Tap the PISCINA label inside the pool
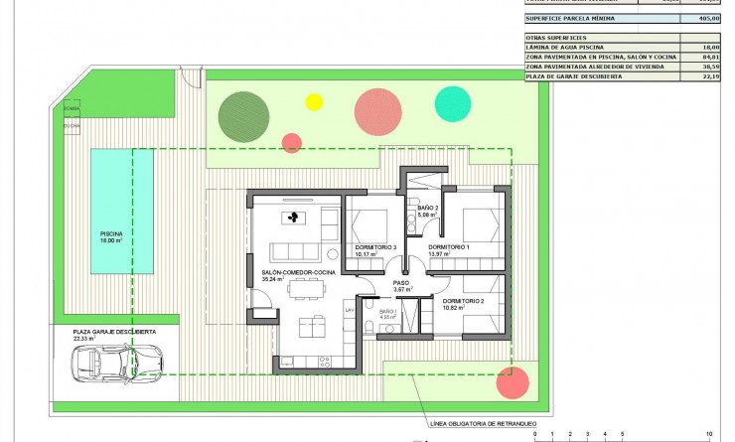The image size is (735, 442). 110,233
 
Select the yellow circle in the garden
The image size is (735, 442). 314,100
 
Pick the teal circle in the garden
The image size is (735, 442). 453,103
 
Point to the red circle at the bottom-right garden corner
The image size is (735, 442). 512,382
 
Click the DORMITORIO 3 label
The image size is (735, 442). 374,247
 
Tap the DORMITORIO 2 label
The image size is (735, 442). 464,300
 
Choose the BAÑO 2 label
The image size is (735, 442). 428,209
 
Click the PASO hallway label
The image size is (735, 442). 401,283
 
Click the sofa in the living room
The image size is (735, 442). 295,249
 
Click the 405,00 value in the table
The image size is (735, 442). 708,17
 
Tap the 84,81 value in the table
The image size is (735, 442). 709,58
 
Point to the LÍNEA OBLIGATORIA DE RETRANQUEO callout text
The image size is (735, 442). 477,422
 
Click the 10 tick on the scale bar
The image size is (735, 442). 708,435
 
